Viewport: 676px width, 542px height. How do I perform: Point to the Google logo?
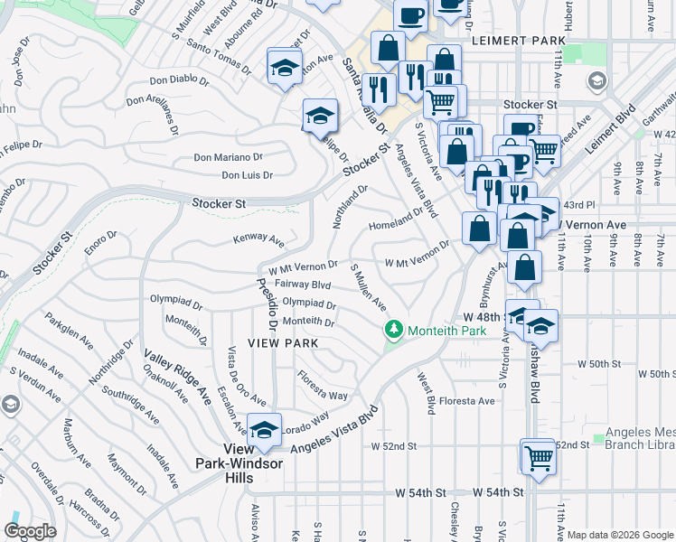click(30, 530)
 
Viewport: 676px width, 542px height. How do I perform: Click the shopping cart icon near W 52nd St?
click(538, 457)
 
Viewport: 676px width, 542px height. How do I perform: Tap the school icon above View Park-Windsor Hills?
click(264, 432)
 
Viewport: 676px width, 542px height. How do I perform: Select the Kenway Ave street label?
click(258, 240)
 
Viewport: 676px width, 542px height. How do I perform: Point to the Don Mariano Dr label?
click(228, 157)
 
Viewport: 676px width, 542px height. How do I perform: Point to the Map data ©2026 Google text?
click(620, 535)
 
